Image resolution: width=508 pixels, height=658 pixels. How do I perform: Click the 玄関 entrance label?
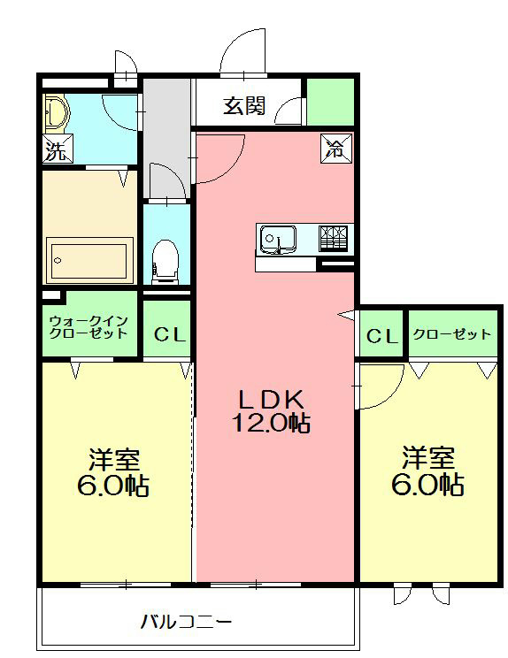coord(243,107)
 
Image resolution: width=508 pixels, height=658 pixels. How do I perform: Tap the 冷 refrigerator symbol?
coord(335,148)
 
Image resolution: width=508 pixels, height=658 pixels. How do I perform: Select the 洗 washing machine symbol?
coord(56,151)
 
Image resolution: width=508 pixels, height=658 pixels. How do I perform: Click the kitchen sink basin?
coord(277,237)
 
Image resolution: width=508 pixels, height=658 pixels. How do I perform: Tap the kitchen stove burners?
coord(334,236)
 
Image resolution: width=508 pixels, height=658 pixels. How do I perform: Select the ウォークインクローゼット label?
coord(89,326)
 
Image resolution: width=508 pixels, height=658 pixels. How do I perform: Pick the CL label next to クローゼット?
coord(381,335)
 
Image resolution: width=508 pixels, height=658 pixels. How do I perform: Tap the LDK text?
coord(270,398)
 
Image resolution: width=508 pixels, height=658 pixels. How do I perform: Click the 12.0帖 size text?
coord(271,423)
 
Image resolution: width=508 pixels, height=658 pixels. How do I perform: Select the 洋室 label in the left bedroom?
coord(115,459)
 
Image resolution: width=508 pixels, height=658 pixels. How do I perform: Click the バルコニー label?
coord(187,622)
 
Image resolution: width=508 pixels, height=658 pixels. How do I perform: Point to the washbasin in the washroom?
coord(57,111)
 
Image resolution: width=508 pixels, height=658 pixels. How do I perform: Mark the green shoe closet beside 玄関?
coord(330,102)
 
